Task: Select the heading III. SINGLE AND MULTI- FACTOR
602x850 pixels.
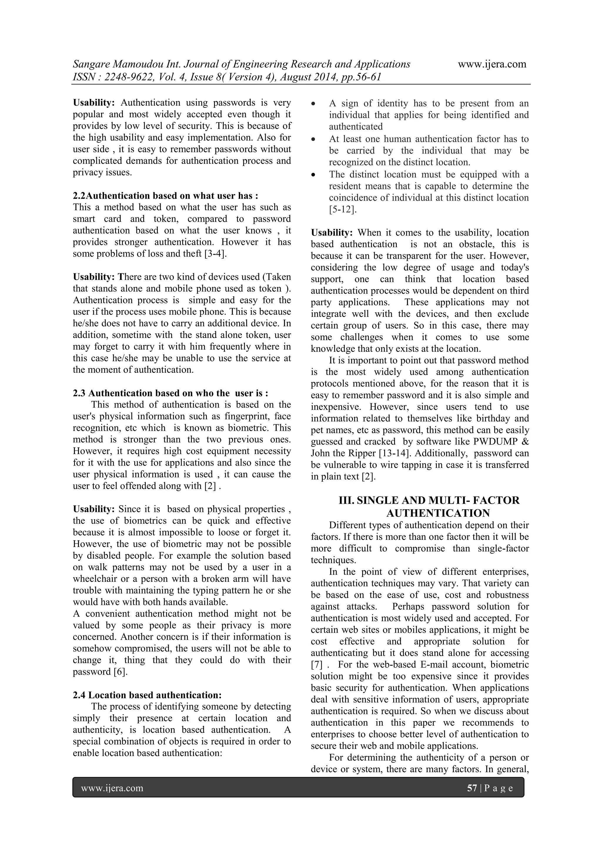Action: tap(429, 500)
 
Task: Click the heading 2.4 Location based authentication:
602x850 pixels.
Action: tap(147, 695)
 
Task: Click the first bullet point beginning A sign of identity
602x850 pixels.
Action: tap(314, 104)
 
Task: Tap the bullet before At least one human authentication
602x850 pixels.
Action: tap(314, 140)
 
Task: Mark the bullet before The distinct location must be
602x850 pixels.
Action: tap(314, 175)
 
